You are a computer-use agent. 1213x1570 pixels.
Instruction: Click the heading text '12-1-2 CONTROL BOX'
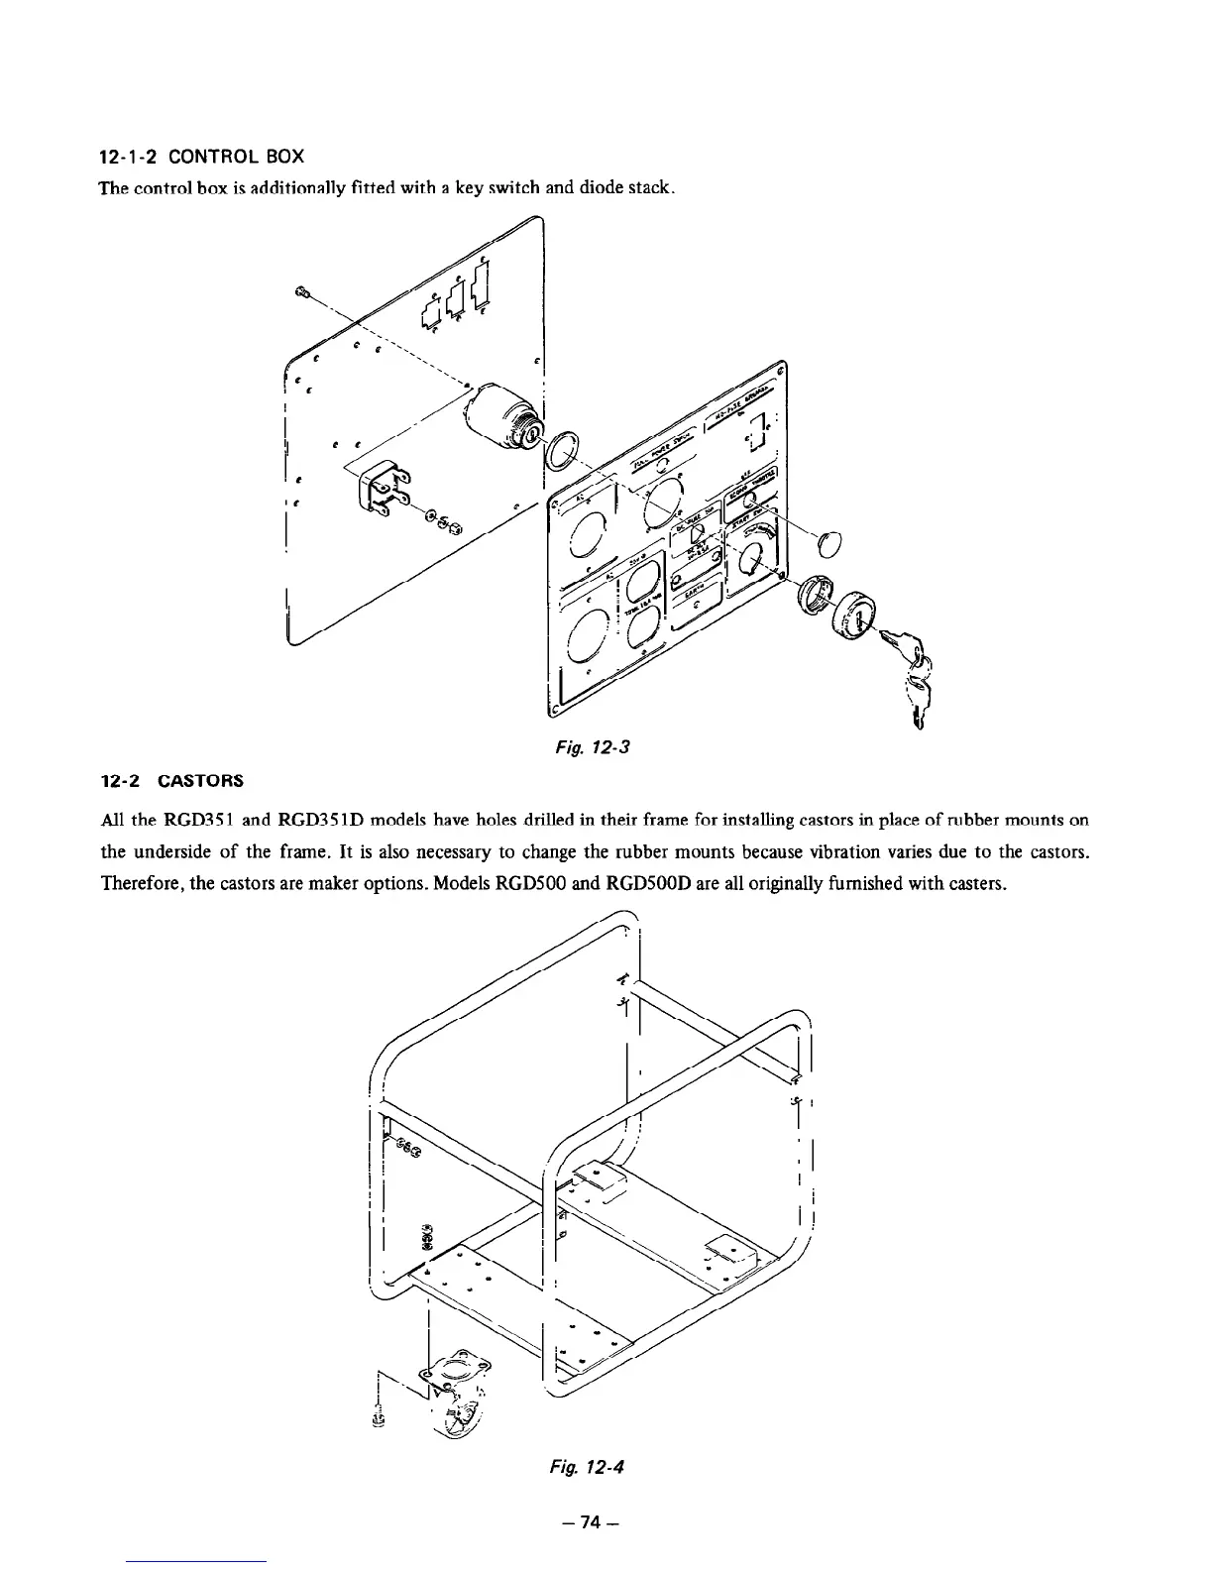(202, 157)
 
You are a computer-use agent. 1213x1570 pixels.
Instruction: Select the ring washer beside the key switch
(564, 451)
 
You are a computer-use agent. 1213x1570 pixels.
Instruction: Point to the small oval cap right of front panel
(830, 544)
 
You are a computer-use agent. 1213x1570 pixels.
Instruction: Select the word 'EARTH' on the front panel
(698, 590)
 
